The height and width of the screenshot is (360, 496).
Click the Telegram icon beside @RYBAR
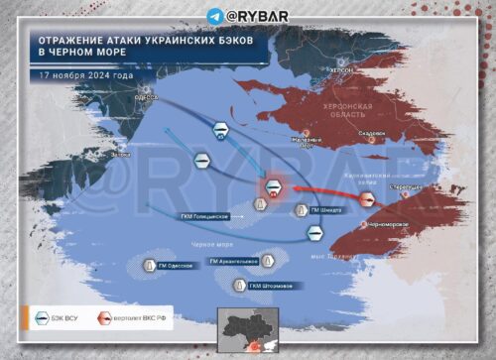[215, 16]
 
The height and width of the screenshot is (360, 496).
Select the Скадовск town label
[371, 133]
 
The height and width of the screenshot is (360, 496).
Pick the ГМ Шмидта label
[330, 210]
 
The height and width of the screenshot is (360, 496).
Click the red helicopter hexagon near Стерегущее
[367, 198]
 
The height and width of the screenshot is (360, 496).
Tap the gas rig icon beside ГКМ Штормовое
[238, 286]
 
